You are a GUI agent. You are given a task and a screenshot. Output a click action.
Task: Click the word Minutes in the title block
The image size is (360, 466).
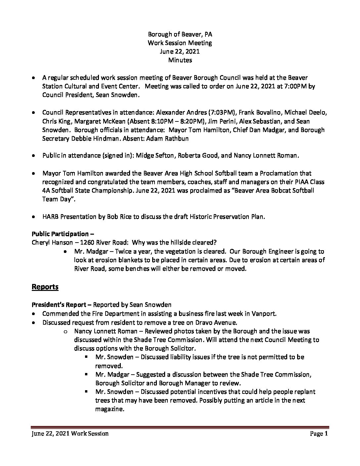tap(180, 60)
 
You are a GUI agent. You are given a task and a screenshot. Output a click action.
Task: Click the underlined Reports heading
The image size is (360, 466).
tap(45, 287)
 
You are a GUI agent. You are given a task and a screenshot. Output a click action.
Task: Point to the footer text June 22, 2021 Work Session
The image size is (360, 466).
tap(70, 434)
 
